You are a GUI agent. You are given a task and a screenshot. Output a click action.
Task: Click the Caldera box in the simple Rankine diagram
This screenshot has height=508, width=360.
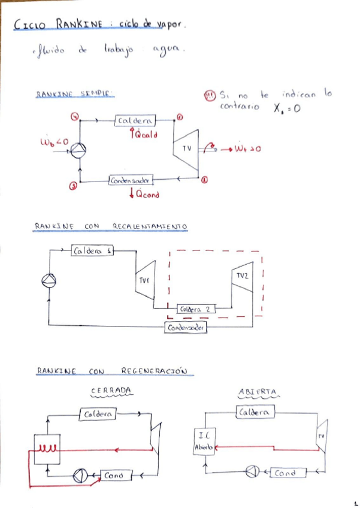[135, 121]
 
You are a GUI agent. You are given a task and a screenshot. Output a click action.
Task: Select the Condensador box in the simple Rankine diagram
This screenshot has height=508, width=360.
[131, 180]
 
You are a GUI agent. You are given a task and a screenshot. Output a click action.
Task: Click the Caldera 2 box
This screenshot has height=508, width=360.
[195, 309]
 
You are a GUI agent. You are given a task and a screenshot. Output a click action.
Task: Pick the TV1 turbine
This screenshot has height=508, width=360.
[145, 280]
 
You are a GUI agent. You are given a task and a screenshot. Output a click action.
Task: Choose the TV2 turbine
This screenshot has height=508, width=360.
[241, 276]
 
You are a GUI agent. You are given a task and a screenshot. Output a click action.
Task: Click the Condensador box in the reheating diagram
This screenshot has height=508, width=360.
[186, 328]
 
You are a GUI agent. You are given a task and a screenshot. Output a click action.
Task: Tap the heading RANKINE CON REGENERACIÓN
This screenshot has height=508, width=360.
[111, 371]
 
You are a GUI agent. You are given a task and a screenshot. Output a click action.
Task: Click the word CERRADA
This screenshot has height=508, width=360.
[111, 391]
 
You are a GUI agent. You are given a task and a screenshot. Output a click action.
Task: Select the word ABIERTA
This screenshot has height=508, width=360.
[257, 391]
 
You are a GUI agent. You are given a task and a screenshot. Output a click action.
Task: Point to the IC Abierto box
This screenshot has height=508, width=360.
[204, 442]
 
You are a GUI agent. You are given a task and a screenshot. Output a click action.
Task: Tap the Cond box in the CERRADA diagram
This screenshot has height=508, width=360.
[113, 476]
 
